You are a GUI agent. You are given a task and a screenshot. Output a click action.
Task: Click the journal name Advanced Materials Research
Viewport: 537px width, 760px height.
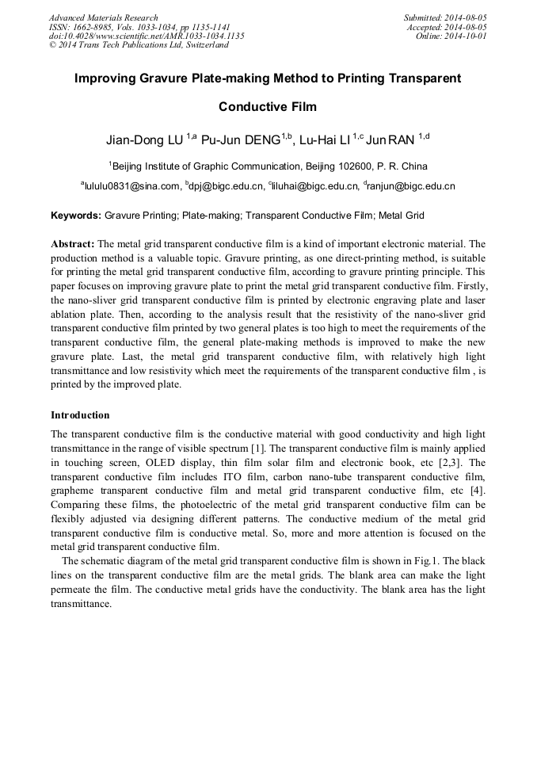(x=103, y=17)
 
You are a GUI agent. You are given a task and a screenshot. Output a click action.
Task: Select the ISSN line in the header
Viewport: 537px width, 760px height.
(x=139, y=27)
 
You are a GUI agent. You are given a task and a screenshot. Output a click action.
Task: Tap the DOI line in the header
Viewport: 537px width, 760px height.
(x=147, y=36)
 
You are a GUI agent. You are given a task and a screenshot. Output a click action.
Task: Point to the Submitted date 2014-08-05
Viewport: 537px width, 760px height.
(x=445, y=17)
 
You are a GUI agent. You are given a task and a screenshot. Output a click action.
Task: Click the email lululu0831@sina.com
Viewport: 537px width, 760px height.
(x=131, y=187)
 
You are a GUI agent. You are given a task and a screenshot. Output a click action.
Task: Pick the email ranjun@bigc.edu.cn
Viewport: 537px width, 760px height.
(x=411, y=187)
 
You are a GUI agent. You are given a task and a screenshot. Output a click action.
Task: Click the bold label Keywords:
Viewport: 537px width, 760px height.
(x=76, y=215)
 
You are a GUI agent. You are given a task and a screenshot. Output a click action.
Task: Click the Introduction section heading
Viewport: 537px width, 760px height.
(x=80, y=415)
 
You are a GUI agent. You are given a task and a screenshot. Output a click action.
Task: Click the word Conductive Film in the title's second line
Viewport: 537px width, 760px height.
(x=268, y=107)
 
